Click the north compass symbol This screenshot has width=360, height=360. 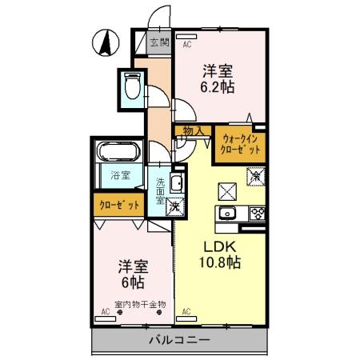pyautogui.click(x=106, y=42)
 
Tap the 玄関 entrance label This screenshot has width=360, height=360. pyautogui.click(x=160, y=42)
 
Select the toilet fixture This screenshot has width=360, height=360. pyautogui.click(x=132, y=86)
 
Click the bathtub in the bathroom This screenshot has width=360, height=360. pyautogui.click(x=118, y=151)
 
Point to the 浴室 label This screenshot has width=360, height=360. pyautogui.click(x=120, y=175)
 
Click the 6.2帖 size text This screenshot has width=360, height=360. pyautogui.click(x=218, y=87)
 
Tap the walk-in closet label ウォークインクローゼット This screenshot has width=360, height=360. pyautogui.click(x=240, y=144)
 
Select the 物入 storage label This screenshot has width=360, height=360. pyautogui.click(x=194, y=131)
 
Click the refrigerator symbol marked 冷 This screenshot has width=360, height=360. pyautogui.click(x=256, y=176)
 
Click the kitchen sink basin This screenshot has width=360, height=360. pyautogui.click(x=227, y=214)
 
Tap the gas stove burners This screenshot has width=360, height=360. pyautogui.click(x=257, y=214)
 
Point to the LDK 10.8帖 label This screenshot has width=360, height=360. pyautogui.click(x=220, y=254)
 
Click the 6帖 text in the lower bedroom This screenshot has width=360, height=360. pyautogui.click(x=133, y=282)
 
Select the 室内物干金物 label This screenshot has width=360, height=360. pyautogui.click(x=140, y=305)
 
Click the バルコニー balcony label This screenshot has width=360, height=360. pyautogui.click(x=180, y=340)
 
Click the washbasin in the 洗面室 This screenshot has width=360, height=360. pyautogui.click(x=178, y=182)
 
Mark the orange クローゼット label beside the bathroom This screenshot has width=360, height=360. pyautogui.click(x=119, y=205)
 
